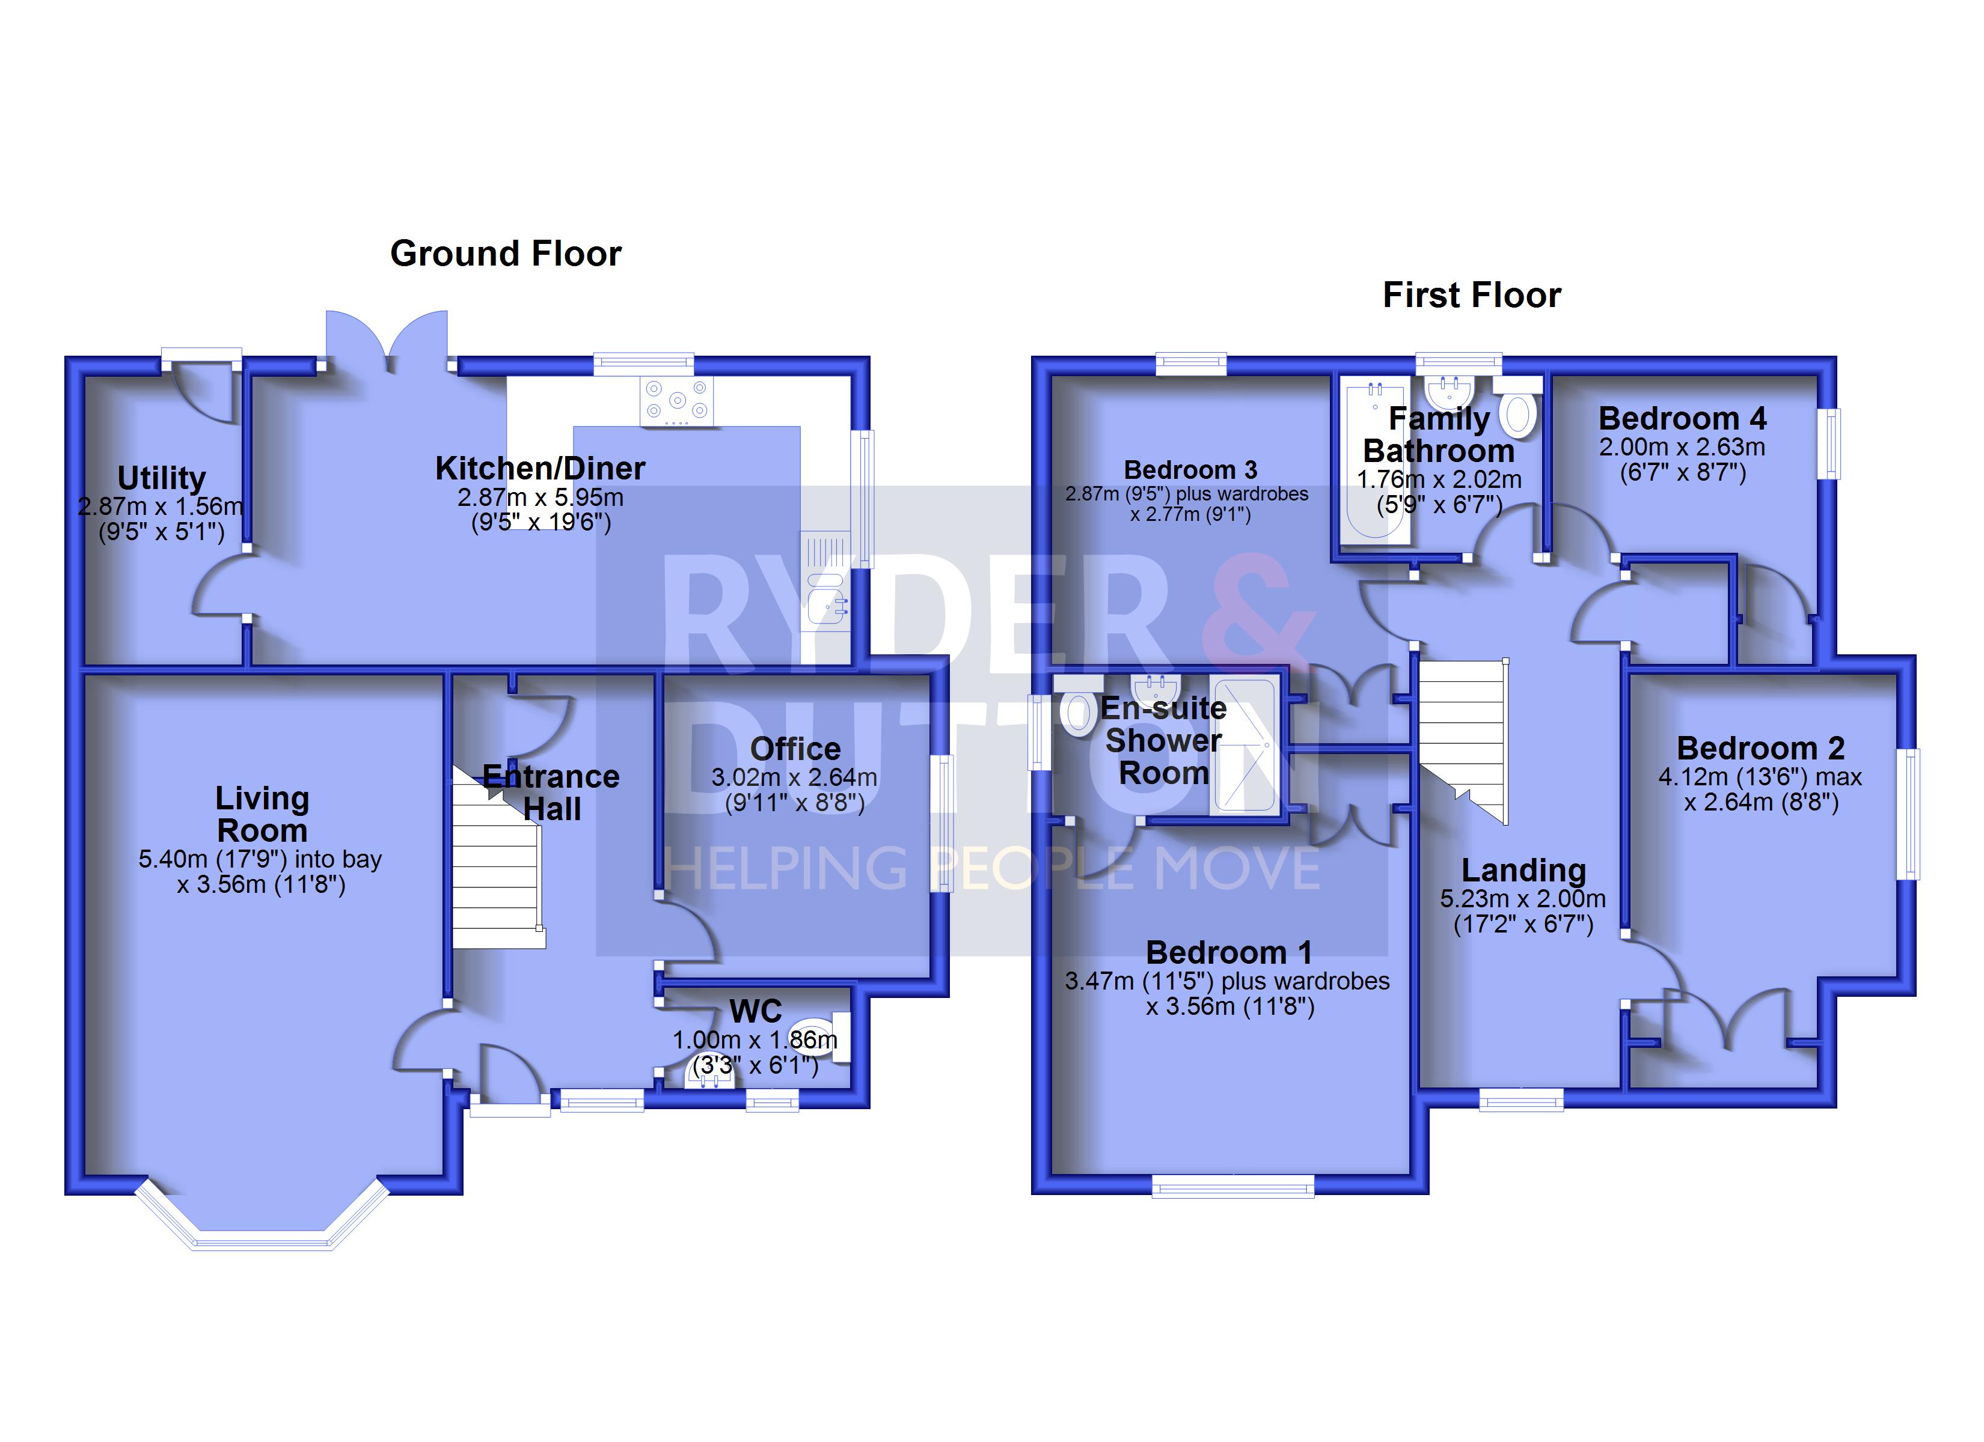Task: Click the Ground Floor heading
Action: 506,254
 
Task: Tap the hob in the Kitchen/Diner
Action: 676,401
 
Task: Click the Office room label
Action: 795,749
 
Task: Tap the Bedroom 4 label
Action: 1682,419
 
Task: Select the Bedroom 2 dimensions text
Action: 1760,789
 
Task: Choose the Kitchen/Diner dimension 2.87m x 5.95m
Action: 540,497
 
